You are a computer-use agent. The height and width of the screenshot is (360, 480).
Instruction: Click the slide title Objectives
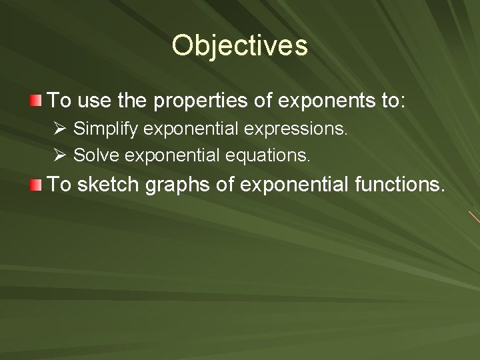(239, 46)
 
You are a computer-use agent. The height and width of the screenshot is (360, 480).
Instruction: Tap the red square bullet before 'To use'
(35, 101)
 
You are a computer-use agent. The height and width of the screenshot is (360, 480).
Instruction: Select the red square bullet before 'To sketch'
(35, 185)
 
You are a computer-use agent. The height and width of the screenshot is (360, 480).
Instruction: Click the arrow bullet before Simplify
(62, 127)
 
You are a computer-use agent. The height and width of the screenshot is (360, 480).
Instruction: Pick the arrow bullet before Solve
(62, 155)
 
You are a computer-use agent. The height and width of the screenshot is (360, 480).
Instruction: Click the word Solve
(93, 156)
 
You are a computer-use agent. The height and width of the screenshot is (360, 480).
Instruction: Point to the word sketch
(106, 185)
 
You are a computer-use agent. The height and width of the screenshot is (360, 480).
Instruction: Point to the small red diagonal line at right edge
(474, 217)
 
